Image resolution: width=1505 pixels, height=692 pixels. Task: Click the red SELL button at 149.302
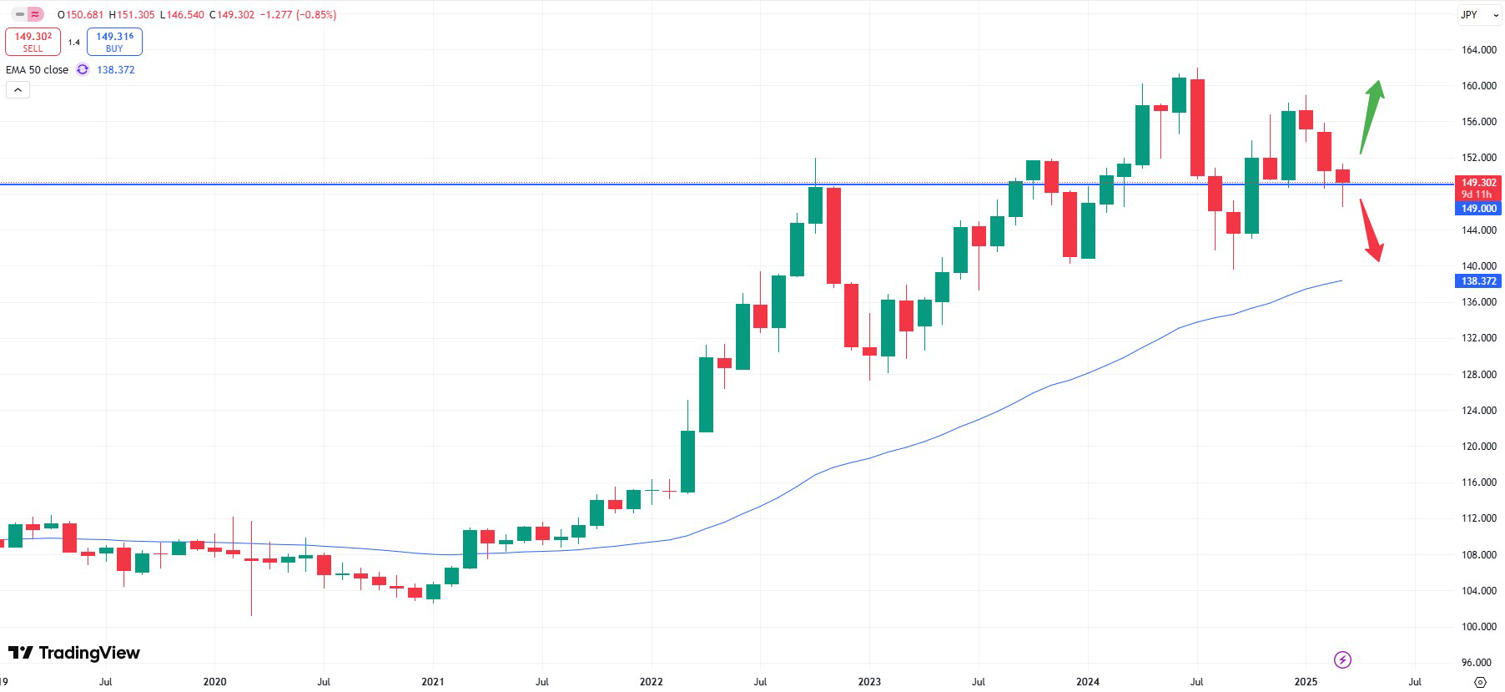click(x=33, y=42)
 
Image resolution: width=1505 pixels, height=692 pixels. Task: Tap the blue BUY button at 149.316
click(x=114, y=42)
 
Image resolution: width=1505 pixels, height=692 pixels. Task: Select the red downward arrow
click(x=1371, y=230)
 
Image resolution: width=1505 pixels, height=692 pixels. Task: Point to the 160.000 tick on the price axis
click(x=1478, y=86)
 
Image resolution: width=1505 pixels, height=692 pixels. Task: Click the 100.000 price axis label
click(x=1478, y=627)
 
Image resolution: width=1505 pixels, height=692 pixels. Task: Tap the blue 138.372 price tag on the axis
click(x=1478, y=281)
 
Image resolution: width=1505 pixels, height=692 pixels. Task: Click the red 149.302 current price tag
click(x=1478, y=183)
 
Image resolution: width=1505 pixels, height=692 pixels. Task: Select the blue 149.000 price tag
click(x=1478, y=209)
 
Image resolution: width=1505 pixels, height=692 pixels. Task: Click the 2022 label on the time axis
click(x=651, y=682)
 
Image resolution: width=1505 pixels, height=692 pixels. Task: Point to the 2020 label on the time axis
click(x=214, y=682)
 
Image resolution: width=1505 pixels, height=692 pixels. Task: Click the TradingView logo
click(x=74, y=653)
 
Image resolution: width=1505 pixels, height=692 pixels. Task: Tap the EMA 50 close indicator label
click(x=38, y=70)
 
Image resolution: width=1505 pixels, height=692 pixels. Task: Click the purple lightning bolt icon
click(x=1342, y=660)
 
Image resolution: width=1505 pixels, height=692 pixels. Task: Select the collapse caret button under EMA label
click(x=18, y=89)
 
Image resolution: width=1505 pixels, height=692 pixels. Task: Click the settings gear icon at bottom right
click(x=1481, y=682)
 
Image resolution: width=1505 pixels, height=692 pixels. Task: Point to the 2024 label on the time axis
click(x=1087, y=682)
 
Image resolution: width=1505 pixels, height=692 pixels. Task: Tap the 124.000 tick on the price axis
click(x=1478, y=411)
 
